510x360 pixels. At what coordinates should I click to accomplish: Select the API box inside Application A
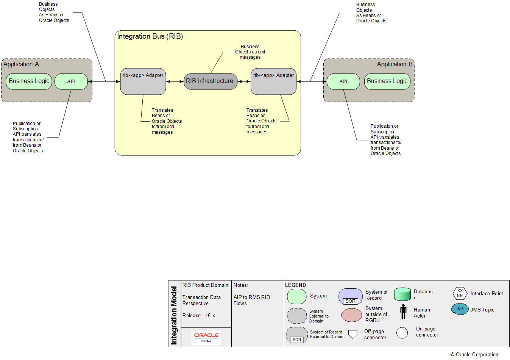(71, 81)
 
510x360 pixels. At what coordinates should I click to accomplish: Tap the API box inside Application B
(343, 81)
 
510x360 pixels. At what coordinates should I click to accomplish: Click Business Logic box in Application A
(29, 81)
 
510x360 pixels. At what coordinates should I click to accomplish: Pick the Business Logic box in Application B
(387, 81)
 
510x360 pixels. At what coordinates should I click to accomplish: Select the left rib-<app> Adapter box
(143, 81)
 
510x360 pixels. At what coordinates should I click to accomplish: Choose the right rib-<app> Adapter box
(273, 81)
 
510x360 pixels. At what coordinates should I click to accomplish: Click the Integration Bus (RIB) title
(150, 36)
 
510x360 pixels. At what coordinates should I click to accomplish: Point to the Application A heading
(21, 64)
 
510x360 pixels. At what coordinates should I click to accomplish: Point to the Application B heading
(395, 64)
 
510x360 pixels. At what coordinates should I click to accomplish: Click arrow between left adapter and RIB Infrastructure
(175, 81)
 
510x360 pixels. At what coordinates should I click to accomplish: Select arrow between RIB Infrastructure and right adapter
(244, 81)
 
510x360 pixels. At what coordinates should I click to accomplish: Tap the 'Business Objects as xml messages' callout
(250, 52)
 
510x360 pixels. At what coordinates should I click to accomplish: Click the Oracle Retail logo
(206, 337)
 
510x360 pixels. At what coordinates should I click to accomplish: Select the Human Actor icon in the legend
(403, 311)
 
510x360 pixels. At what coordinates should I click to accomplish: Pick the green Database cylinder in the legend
(402, 294)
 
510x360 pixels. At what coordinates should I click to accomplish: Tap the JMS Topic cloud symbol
(460, 309)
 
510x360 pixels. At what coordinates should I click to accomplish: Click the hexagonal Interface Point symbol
(460, 293)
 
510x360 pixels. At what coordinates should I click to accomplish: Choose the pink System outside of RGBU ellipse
(352, 315)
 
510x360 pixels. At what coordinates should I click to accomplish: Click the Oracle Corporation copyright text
(474, 355)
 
